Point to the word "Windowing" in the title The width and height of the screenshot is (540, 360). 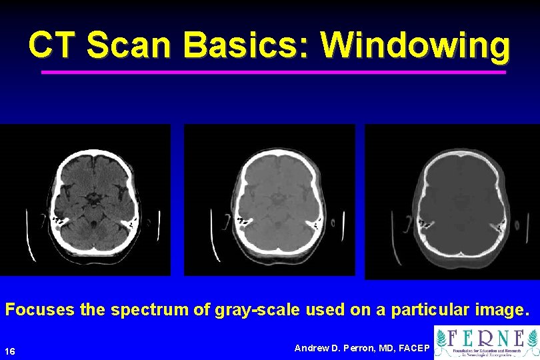click(x=415, y=45)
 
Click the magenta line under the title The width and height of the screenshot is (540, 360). click(x=273, y=72)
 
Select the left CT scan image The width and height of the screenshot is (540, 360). click(x=85, y=200)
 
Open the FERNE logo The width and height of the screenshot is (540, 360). click(x=486, y=342)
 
